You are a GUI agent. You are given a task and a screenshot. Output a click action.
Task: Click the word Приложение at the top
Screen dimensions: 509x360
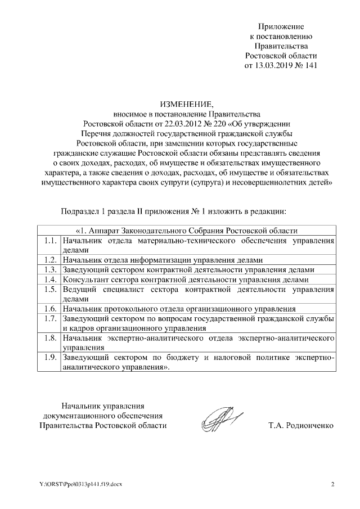coord(281,26)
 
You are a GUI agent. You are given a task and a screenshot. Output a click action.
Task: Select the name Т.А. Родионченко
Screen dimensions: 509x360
coord(301,425)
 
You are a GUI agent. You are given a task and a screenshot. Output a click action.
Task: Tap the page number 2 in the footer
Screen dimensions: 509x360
coord(332,484)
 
